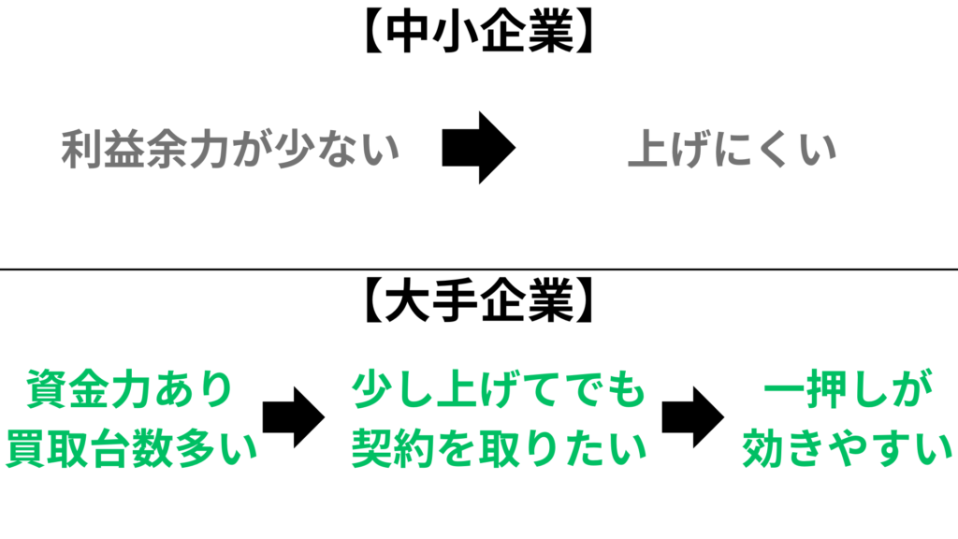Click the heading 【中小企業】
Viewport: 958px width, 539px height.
[478, 35]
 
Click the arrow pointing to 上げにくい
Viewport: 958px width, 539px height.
[478, 148]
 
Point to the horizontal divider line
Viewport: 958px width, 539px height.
[478, 269]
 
